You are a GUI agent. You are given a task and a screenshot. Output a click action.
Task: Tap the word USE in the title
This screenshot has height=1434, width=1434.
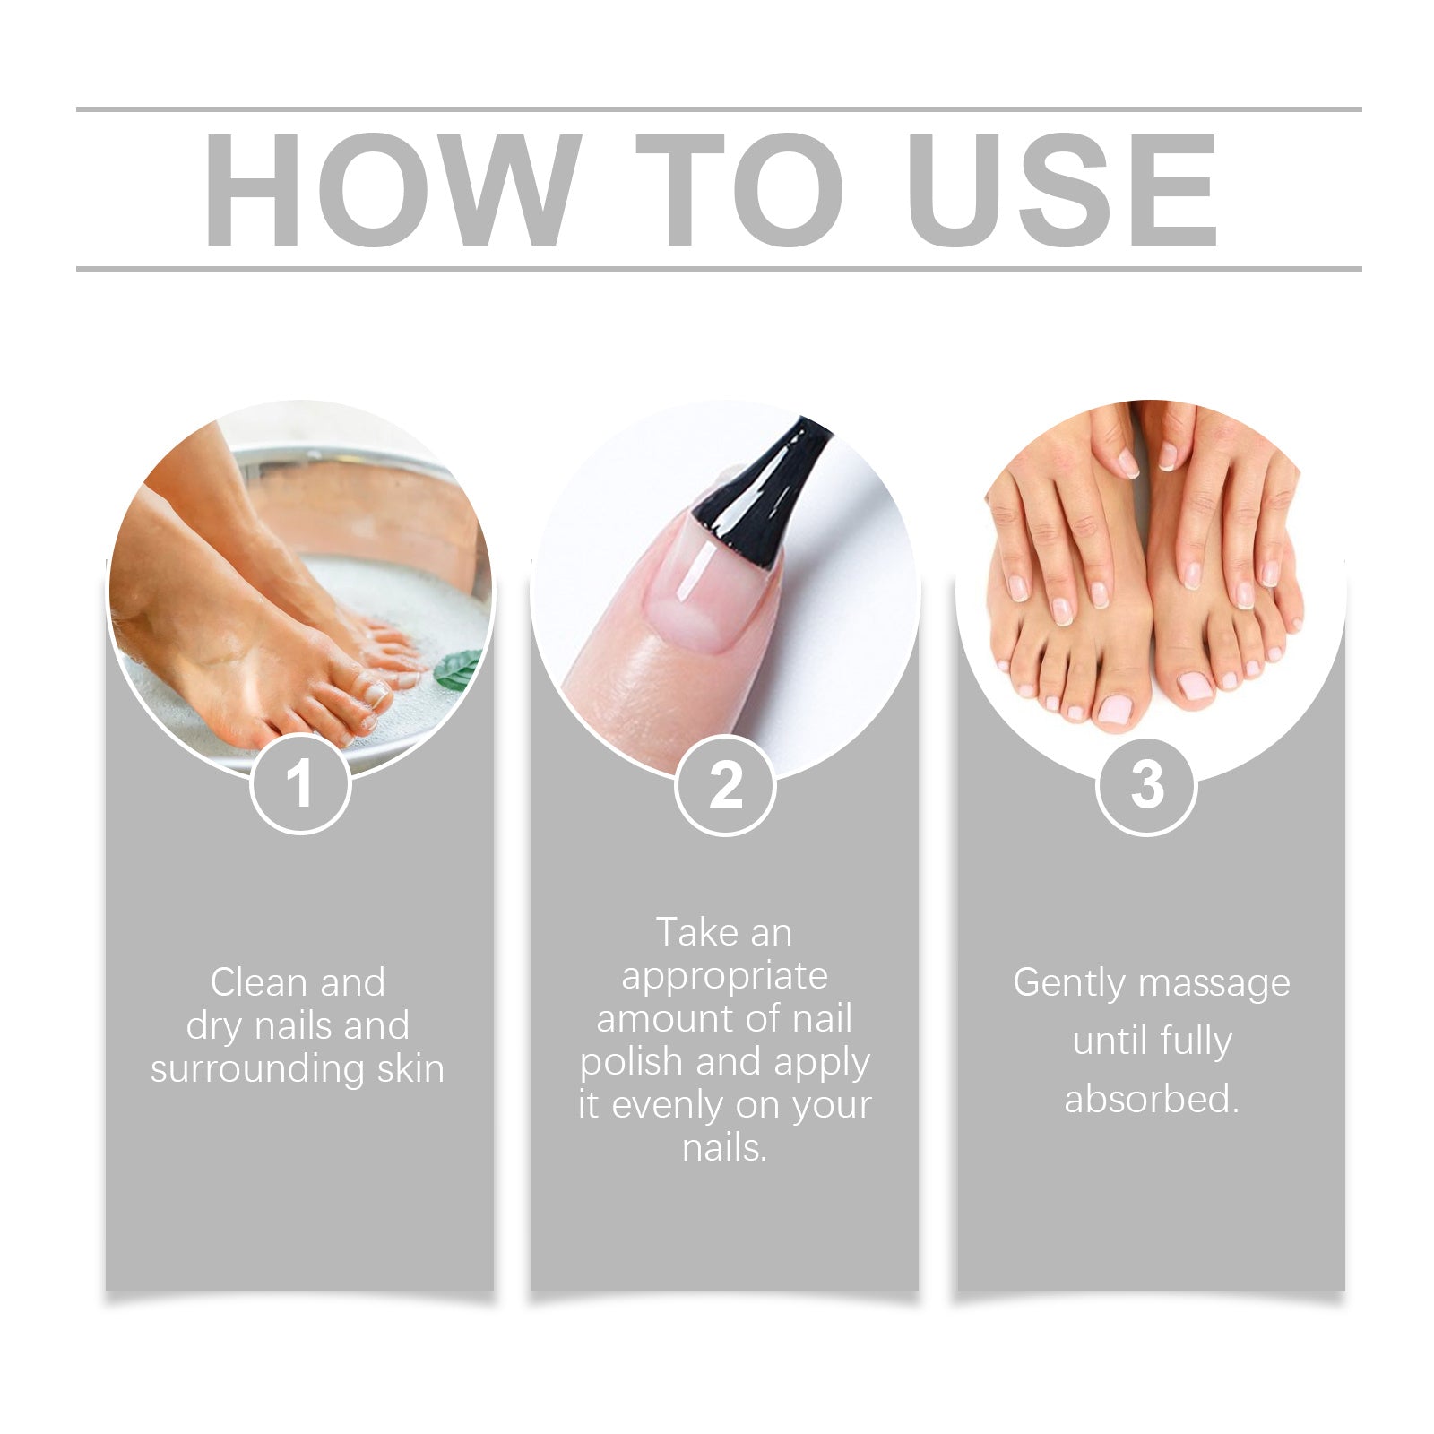(1061, 189)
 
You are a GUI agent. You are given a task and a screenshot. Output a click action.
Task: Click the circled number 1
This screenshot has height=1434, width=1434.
(299, 784)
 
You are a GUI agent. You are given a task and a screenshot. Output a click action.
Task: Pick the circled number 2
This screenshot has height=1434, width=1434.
(724, 786)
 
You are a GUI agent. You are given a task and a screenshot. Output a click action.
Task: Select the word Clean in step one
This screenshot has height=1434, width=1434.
(259, 982)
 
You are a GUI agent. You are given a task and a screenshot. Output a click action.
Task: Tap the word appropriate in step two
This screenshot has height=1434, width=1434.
(724, 975)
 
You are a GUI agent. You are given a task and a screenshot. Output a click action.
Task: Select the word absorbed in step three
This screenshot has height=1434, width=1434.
(1151, 1099)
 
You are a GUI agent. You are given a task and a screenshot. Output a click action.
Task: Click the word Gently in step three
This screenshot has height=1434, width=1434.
(1068, 983)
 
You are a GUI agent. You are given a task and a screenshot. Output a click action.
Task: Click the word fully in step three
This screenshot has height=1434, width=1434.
(1196, 1041)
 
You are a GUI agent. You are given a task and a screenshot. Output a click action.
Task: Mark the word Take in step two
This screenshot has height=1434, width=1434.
(695, 932)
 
